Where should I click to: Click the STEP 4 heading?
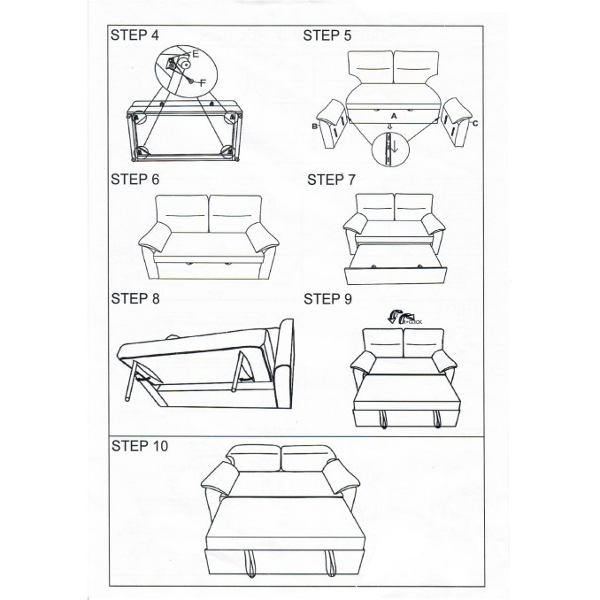click(135, 37)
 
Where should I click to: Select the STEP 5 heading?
click(327, 36)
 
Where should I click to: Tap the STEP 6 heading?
click(135, 179)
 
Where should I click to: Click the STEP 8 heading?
click(135, 299)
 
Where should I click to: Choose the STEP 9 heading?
click(327, 299)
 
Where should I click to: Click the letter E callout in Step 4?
click(196, 55)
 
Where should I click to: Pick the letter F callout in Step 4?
click(204, 82)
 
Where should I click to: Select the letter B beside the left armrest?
click(314, 127)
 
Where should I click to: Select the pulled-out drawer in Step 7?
click(392, 266)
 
